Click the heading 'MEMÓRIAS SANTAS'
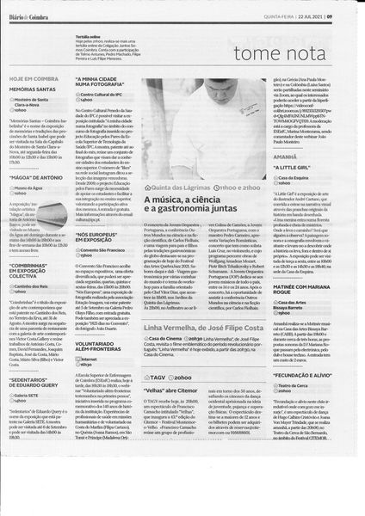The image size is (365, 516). tap(33, 89)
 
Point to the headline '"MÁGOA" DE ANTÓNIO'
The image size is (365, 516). tap(35, 176)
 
